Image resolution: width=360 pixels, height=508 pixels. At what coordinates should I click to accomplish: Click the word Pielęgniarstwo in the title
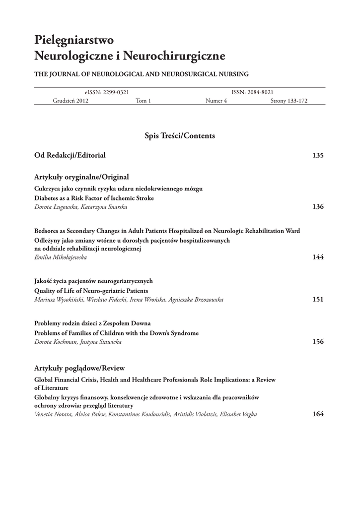coord(74,40)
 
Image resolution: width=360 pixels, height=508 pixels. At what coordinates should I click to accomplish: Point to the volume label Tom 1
coord(143,101)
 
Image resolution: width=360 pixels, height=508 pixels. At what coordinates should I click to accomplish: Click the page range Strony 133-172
coord(289,101)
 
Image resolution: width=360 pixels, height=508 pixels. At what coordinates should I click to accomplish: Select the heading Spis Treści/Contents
coord(180,135)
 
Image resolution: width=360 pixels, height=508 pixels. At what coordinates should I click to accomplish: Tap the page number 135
coord(318,156)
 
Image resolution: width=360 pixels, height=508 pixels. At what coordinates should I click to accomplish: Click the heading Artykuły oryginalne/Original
coord(81,177)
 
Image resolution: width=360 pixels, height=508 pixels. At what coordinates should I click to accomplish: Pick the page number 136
coord(318,207)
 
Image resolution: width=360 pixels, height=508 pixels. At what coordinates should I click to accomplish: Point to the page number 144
coord(318,257)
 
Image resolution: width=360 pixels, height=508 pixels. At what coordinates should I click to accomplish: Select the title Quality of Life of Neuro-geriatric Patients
coord(91,291)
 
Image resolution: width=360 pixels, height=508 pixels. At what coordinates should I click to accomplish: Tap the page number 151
coord(318,300)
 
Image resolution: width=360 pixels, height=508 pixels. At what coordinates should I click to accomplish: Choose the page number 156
coord(318,342)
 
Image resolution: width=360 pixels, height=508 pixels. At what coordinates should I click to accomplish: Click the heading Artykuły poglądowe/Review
coord(79,368)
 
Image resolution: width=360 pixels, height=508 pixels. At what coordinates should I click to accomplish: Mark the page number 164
coord(318,414)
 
